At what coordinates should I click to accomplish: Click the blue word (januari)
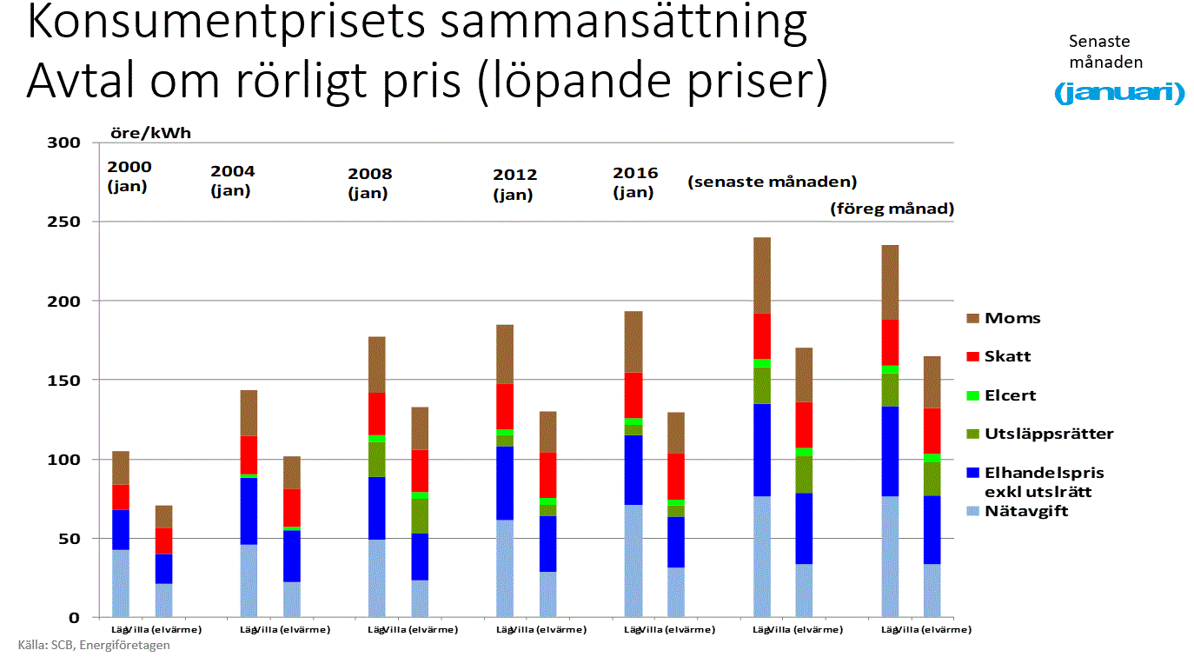click(1119, 93)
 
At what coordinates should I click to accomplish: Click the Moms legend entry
click(1012, 318)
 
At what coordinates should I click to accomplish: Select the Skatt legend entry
click(1007, 356)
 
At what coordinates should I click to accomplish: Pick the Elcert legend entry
click(1010, 395)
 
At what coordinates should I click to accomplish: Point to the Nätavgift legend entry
click(1025, 511)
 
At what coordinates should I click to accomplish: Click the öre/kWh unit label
click(149, 134)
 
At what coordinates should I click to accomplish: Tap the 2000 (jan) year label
click(129, 176)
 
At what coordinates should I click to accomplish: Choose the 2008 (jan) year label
click(369, 183)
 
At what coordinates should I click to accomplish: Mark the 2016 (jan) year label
click(635, 182)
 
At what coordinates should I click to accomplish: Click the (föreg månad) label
click(892, 209)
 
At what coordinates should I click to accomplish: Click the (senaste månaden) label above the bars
click(773, 182)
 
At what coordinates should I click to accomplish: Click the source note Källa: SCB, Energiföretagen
click(94, 646)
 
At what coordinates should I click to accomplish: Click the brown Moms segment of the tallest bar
click(762, 275)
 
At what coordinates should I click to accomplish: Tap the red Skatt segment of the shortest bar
click(163, 541)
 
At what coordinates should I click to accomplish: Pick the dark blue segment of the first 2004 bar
click(249, 511)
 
